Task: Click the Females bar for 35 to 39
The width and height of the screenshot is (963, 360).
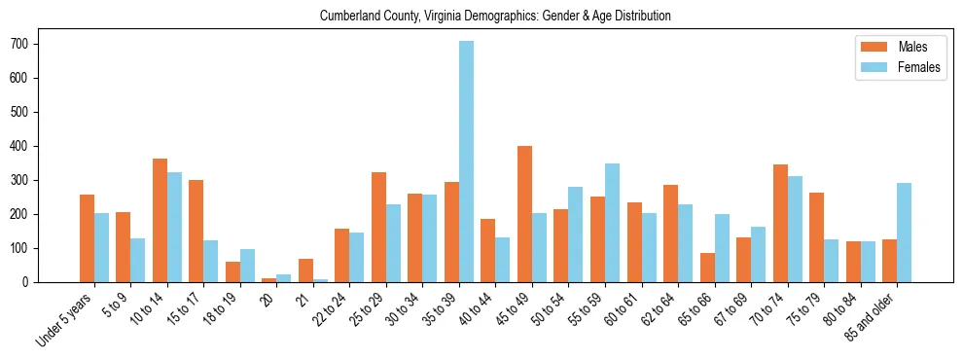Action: click(x=467, y=162)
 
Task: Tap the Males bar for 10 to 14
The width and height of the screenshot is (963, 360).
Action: click(x=160, y=220)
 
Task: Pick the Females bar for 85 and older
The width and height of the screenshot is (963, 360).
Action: click(x=905, y=233)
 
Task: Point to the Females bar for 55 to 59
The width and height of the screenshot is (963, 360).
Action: click(x=613, y=223)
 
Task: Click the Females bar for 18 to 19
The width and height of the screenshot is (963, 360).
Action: click(x=248, y=266)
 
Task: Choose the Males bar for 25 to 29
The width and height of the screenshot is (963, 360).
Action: click(x=378, y=227)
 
